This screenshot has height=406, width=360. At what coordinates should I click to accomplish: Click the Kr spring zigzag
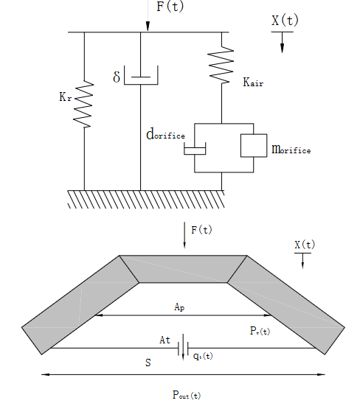pyautogui.click(x=83, y=104)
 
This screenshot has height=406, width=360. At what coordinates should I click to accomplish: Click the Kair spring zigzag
pyautogui.click(x=221, y=65)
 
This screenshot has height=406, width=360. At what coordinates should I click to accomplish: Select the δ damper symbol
pyautogui.click(x=141, y=75)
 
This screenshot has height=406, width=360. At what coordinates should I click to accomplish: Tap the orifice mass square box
pyautogui.click(x=254, y=145)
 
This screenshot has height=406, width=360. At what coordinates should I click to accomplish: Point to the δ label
pyautogui.click(x=117, y=77)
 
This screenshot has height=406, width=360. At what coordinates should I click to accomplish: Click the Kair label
pyautogui.click(x=253, y=82)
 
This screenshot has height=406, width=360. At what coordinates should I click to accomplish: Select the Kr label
pyautogui.click(x=65, y=97)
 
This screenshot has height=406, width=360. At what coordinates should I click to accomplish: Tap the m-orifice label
pyautogui.click(x=291, y=150)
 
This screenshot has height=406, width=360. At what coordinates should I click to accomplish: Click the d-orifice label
pyautogui.click(x=166, y=134)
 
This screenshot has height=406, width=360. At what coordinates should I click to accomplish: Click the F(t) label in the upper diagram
pyautogui.click(x=170, y=6)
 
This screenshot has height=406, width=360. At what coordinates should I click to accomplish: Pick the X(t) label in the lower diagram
pyautogui.click(x=305, y=245)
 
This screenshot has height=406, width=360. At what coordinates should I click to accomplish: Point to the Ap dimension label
pyautogui.click(x=179, y=307)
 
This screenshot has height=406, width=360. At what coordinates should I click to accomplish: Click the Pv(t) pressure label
pyautogui.click(x=260, y=331)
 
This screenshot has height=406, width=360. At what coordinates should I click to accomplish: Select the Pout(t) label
pyautogui.click(x=187, y=395)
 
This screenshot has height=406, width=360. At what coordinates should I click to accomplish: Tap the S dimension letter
pyautogui.click(x=148, y=363)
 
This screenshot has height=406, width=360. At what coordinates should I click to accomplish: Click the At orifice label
pyautogui.click(x=165, y=340)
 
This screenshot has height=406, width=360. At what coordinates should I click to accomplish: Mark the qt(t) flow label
pyautogui.click(x=203, y=356)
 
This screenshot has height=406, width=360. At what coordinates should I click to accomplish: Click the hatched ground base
pyautogui.click(x=146, y=199)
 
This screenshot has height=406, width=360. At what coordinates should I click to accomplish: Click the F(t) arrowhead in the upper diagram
pyautogui.click(x=148, y=27)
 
